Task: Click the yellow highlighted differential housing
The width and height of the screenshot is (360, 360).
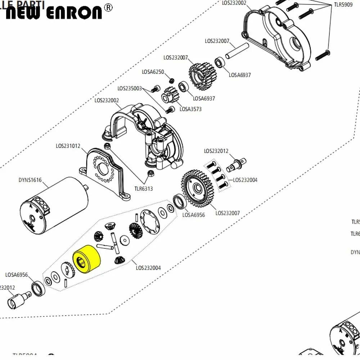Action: coord(86,258)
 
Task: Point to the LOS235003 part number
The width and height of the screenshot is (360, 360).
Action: coord(130,88)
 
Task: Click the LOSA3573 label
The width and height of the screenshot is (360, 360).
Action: coord(190,109)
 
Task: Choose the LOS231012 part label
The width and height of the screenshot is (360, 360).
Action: coord(68,146)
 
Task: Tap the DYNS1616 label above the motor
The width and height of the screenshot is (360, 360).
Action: coord(30,180)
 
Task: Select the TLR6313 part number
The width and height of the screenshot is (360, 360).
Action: coord(143,188)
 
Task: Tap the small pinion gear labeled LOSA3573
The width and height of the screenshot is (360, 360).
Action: coord(169,95)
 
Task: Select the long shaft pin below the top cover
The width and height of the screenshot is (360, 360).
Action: coord(237,50)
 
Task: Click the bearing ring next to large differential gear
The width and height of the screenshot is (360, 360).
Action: coord(179,202)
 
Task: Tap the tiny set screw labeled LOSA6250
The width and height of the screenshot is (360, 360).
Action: coord(172,80)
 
